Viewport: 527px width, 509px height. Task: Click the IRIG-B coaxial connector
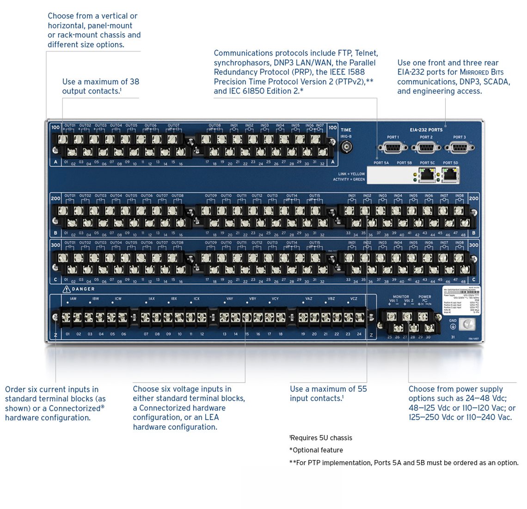pos(346,147)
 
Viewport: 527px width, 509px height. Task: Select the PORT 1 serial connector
pos(393,148)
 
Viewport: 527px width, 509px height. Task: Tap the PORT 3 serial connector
pos(460,148)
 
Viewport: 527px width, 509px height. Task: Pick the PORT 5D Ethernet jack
pos(450,174)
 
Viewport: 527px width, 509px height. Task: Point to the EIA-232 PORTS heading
pos(426,130)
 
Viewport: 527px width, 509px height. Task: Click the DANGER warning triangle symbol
pos(67,289)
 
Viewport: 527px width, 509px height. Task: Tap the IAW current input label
pos(73,299)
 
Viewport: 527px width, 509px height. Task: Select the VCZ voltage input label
pos(354,299)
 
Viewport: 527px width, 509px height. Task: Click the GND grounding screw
pos(469,324)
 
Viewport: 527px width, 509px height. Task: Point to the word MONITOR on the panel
pos(401,297)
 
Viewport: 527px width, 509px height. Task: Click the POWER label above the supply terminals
pos(425,297)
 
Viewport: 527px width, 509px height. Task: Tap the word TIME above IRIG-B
pos(346,130)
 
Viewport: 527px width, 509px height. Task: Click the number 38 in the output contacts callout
pos(134,81)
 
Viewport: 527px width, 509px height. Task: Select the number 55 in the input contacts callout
pos(362,389)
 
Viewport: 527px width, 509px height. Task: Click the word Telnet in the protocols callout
pos(366,53)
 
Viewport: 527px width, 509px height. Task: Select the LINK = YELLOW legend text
pos(351,174)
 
